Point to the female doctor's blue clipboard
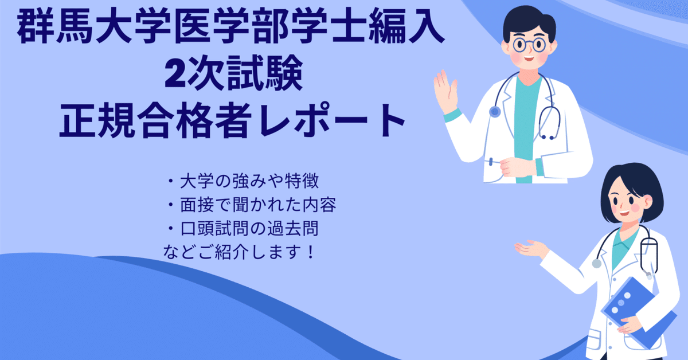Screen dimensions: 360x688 coord(636,312)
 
